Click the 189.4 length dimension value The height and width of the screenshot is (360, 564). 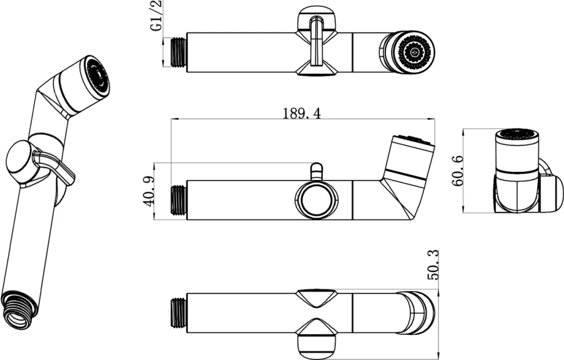(x=301, y=113)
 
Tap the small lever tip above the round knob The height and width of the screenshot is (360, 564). (x=317, y=171)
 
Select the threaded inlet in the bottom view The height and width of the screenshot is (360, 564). (x=179, y=312)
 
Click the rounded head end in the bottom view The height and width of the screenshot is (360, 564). (x=422, y=312)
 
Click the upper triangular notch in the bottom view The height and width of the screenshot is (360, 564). (x=316, y=297)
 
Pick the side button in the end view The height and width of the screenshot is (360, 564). (x=551, y=193)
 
